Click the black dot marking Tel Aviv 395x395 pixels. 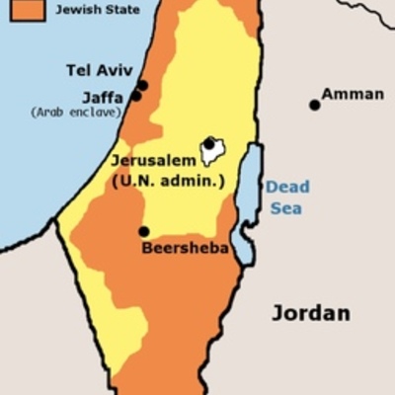coord(143,85)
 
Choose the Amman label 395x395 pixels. coord(353,94)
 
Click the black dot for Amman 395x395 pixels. coord(315,104)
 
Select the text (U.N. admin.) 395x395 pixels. coord(169,181)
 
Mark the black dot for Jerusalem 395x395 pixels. coord(209,144)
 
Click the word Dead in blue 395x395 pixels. coord(286,188)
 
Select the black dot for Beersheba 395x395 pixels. coord(144,231)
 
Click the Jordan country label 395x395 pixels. coord(310,314)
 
